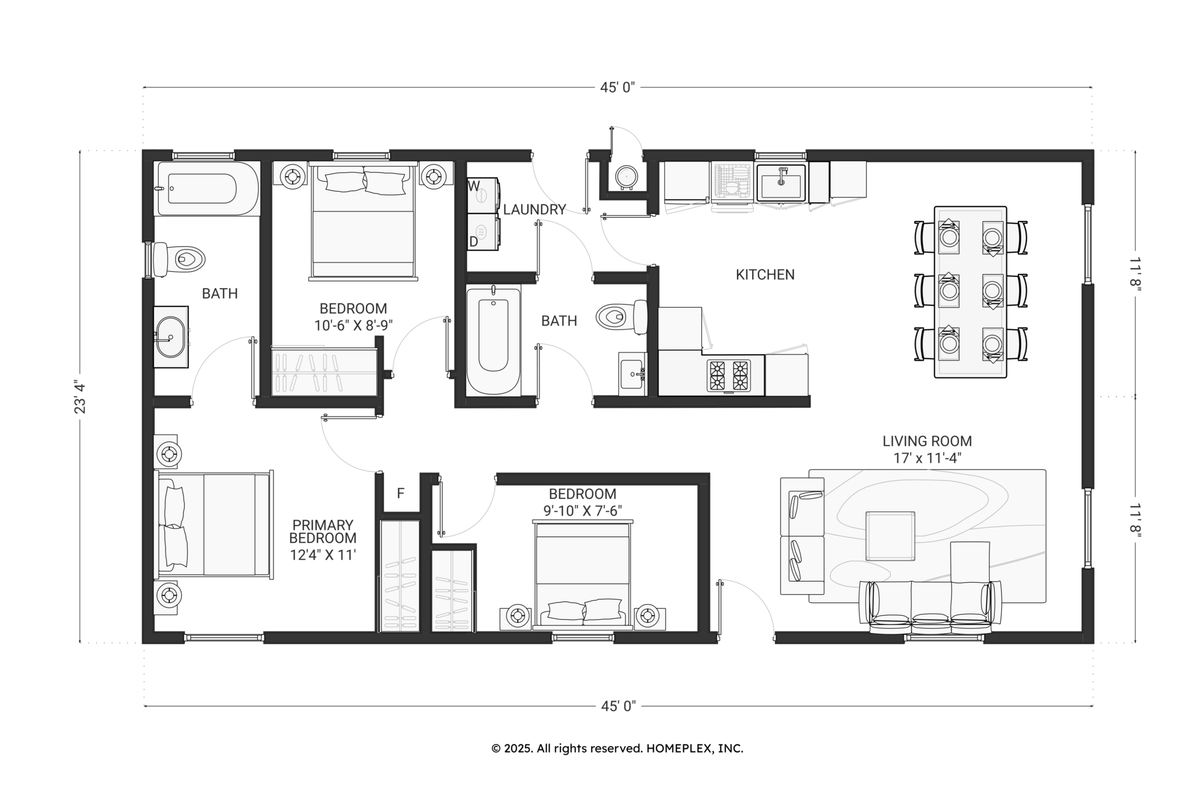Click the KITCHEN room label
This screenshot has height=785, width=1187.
pyautogui.click(x=765, y=275)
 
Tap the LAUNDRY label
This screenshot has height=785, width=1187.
pyautogui.click(x=534, y=210)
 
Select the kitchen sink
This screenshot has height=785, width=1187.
pyautogui.click(x=781, y=182)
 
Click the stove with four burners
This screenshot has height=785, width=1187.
pyautogui.click(x=728, y=375)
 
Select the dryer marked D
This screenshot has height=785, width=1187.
pyautogui.click(x=483, y=232)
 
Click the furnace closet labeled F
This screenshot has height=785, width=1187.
pyautogui.click(x=400, y=493)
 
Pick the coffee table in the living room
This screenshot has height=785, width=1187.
pyautogui.click(x=890, y=536)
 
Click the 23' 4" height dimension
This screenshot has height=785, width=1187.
pyautogui.click(x=80, y=397)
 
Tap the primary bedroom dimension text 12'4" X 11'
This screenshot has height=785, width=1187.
pyautogui.click(x=323, y=554)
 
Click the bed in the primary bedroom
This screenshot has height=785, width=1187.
pyautogui.click(x=214, y=525)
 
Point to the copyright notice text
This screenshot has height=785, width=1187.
pyautogui.click(x=617, y=749)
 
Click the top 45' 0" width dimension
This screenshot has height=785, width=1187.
pyautogui.click(x=617, y=87)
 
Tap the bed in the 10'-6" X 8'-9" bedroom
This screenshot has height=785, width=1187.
pyautogui.click(x=363, y=221)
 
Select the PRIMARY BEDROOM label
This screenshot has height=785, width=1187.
pyautogui.click(x=323, y=532)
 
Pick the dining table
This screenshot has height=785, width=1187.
pyautogui.click(x=970, y=292)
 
